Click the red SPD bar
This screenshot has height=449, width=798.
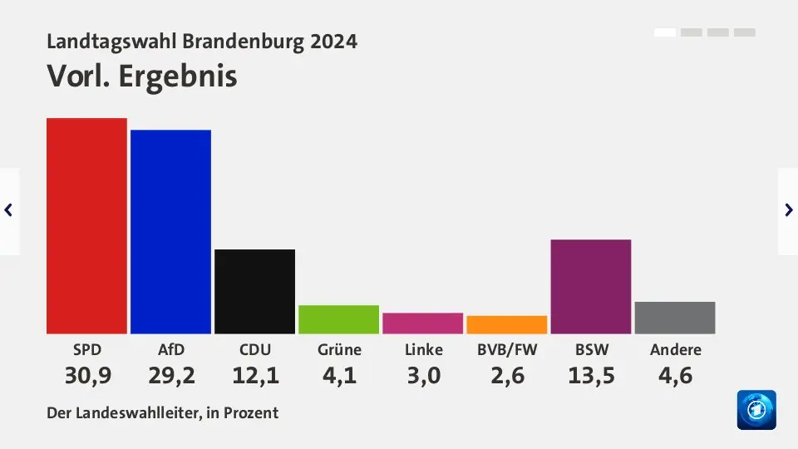(86, 226)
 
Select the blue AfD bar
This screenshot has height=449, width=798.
(170, 232)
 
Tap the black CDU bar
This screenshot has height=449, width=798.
(254, 291)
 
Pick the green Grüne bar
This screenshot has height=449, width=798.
(338, 319)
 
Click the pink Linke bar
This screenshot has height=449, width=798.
(422, 323)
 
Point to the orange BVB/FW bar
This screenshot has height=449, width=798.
(506, 324)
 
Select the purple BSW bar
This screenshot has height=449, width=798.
(590, 287)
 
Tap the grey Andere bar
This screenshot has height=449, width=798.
(674, 318)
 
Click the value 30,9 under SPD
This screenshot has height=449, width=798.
(87, 376)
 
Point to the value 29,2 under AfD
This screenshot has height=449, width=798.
(171, 376)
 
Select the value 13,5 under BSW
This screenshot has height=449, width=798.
(591, 376)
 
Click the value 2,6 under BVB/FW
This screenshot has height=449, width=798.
(507, 376)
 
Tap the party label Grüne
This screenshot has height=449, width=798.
(339, 350)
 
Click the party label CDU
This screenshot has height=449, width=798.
(254, 350)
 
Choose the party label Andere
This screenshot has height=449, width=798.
(675, 350)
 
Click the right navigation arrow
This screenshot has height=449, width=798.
(788, 210)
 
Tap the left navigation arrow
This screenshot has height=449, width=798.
(9, 210)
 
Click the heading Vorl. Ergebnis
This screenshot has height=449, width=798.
(142, 76)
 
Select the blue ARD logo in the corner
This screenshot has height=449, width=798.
(756, 410)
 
